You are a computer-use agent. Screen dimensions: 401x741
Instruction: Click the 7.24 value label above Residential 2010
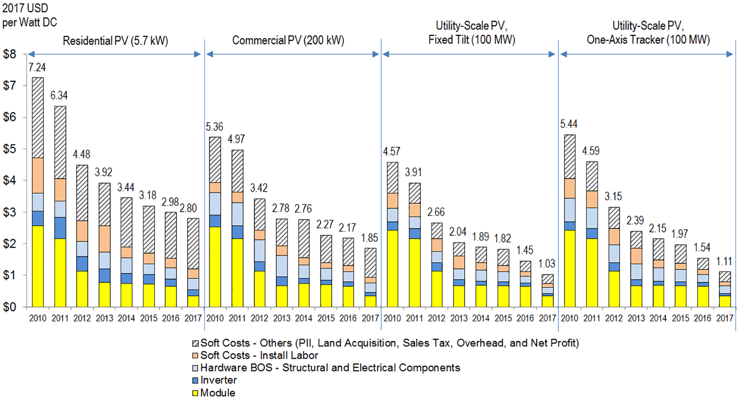click(x=37, y=67)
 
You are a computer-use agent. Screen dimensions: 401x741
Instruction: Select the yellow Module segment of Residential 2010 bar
click(x=38, y=266)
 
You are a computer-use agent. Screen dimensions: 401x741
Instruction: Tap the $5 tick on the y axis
click(x=9, y=149)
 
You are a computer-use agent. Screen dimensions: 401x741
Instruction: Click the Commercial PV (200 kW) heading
click(x=288, y=40)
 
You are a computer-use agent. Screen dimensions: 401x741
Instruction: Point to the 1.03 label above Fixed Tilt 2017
click(x=547, y=264)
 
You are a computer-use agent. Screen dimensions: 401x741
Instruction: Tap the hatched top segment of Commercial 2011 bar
click(x=237, y=171)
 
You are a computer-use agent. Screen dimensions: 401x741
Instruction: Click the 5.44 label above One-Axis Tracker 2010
click(x=569, y=124)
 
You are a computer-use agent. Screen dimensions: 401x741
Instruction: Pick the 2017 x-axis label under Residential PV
click(x=193, y=318)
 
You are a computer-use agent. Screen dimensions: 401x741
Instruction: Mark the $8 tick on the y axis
click(x=9, y=54)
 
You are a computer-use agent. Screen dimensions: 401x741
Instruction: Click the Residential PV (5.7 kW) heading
click(x=115, y=41)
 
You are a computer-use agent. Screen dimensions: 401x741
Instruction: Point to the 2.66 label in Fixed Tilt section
click(x=436, y=212)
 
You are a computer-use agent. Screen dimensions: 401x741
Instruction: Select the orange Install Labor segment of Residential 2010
click(x=38, y=175)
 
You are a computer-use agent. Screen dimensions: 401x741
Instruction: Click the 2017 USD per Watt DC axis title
click(x=29, y=15)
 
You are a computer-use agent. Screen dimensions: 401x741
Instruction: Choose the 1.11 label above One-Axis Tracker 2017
click(x=724, y=261)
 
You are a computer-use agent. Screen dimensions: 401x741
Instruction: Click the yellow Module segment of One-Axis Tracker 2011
click(x=592, y=272)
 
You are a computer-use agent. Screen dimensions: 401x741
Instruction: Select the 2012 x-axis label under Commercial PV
click(x=259, y=318)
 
